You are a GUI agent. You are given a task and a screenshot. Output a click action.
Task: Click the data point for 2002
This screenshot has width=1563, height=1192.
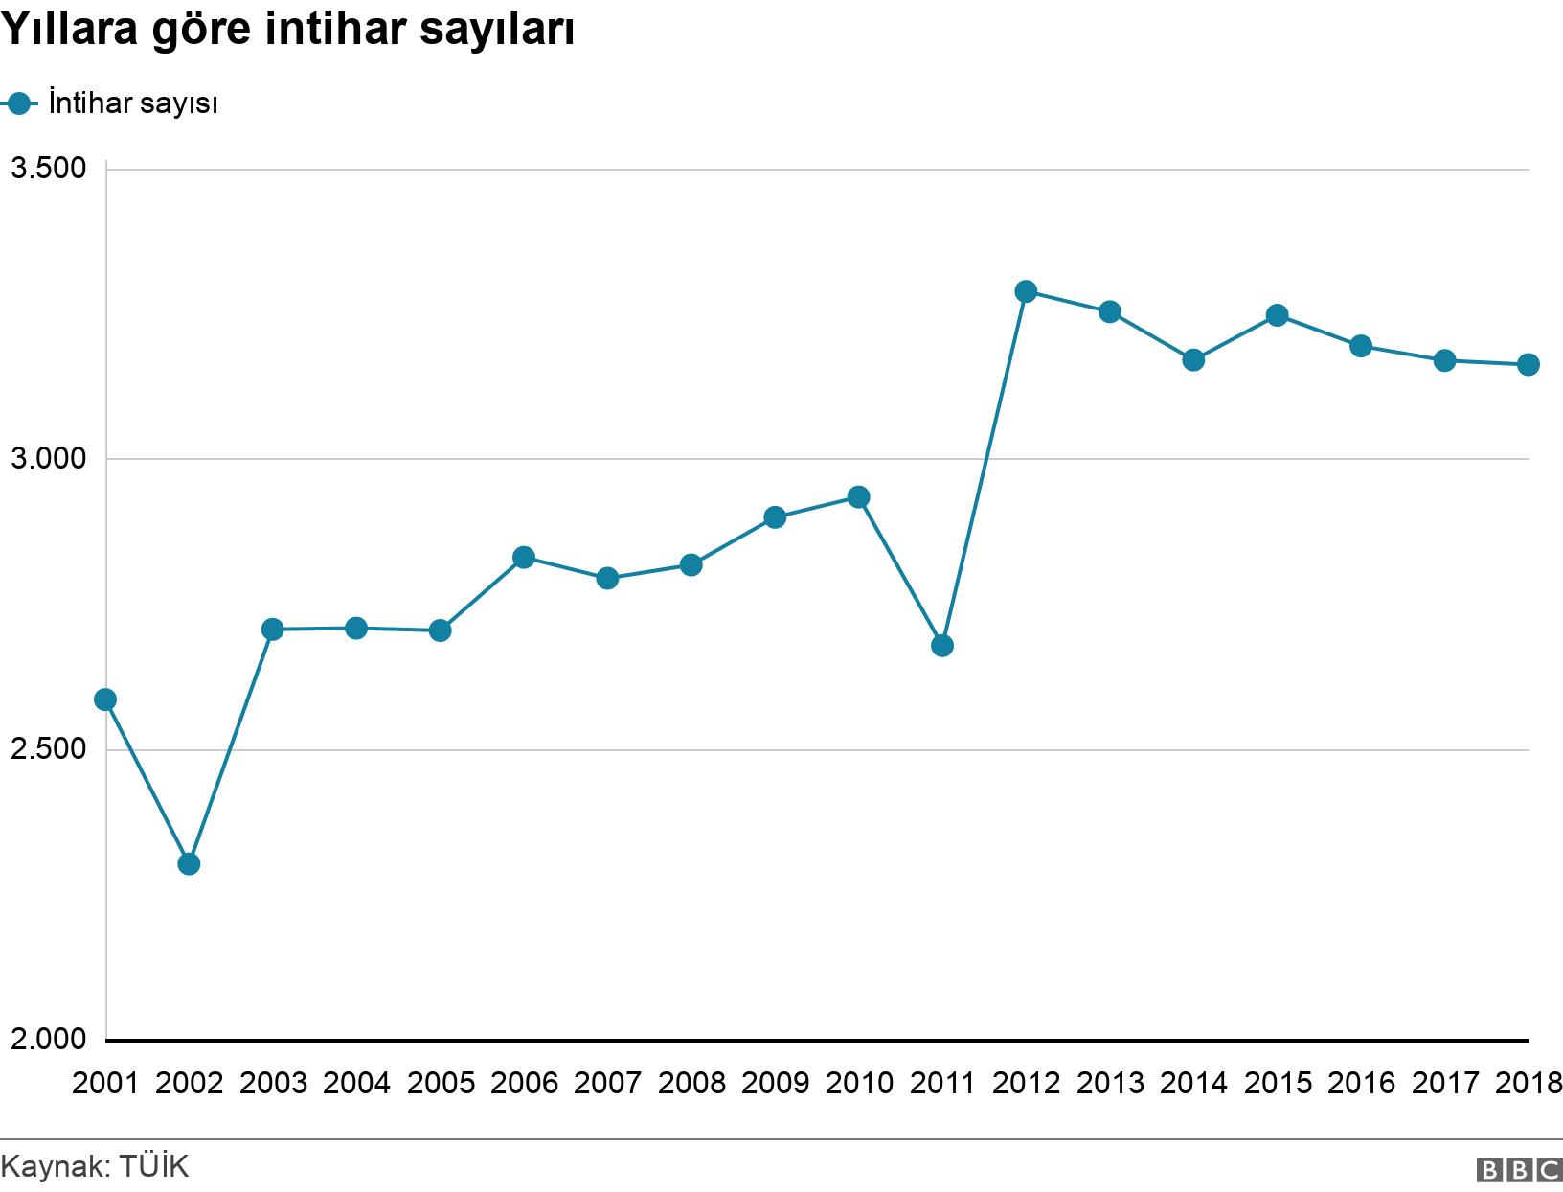pos(189,863)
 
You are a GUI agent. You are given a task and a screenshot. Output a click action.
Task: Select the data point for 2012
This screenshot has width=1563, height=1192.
pos(1026,291)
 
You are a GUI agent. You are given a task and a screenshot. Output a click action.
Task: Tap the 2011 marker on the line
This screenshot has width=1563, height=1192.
pos(942,646)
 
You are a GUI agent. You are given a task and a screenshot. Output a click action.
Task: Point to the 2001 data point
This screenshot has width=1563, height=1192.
pos(105,699)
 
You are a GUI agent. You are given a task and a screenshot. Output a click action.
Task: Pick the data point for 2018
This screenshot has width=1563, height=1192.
pos(1529,364)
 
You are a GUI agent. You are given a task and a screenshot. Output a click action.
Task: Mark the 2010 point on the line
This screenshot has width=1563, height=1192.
pos(859,496)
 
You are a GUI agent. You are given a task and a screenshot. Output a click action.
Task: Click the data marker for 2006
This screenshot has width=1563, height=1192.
pos(524,557)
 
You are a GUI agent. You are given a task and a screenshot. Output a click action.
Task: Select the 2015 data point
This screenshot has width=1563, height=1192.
pos(1277,315)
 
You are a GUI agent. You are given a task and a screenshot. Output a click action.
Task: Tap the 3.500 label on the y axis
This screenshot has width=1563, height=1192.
pos(47,169)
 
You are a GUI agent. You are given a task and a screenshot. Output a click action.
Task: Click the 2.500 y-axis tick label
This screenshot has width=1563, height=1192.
pos(47,749)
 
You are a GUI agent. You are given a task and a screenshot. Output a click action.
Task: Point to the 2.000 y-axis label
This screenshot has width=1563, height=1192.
pos(47,1039)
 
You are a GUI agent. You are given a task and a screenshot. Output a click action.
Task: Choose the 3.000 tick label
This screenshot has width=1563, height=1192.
pos(47,459)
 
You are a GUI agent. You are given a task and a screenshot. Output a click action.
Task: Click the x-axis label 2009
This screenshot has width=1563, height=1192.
pos(775,1084)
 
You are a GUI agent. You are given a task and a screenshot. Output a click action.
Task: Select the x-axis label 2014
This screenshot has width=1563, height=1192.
pos(1193,1084)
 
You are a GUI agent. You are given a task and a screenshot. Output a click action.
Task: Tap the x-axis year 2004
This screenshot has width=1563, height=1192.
pos(356,1084)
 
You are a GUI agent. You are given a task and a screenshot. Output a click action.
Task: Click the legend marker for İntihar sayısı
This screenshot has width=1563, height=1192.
pos(19,103)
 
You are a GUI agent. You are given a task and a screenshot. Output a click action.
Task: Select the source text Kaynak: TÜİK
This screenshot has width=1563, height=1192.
pos(95,1167)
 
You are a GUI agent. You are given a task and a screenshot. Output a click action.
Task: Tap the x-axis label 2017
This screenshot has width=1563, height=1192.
pos(1445,1084)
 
